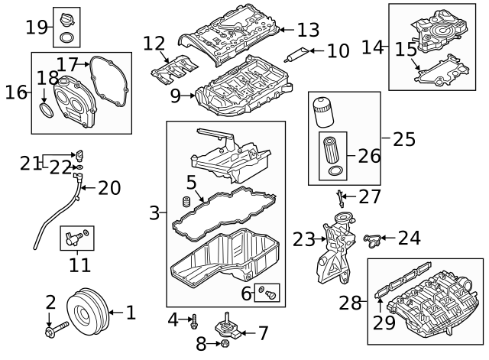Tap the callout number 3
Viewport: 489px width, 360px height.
tap(155, 213)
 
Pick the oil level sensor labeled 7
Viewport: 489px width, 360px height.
tap(230, 329)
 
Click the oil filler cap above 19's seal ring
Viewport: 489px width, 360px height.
tap(66, 18)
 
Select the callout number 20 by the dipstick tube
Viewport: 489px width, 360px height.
tap(109, 187)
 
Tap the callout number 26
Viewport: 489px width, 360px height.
tap(368, 156)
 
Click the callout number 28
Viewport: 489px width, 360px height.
tap(350, 303)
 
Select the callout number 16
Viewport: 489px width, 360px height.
tap(15, 92)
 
